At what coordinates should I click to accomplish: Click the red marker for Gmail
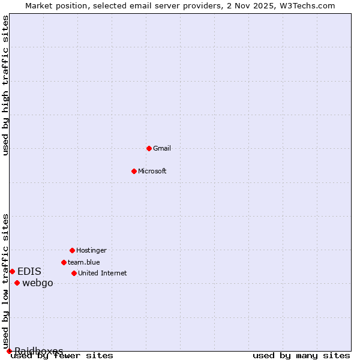click(x=149, y=148)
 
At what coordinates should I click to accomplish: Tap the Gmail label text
click(x=162, y=148)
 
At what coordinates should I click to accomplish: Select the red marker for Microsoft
click(x=134, y=171)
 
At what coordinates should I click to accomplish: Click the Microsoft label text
click(x=152, y=171)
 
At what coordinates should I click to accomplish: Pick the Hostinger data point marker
click(x=72, y=250)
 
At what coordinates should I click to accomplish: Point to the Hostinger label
click(x=91, y=250)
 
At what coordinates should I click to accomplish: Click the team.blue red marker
click(x=64, y=262)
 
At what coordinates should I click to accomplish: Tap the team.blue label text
click(x=84, y=262)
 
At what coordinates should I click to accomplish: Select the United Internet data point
click(x=74, y=273)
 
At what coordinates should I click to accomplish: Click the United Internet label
click(x=103, y=273)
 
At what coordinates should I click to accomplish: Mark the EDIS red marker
click(x=12, y=271)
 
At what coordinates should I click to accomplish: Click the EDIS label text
click(x=29, y=271)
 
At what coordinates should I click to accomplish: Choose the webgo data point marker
click(x=17, y=283)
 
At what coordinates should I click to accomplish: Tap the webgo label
click(x=38, y=283)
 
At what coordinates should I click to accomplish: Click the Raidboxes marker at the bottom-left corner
click(x=9, y=351)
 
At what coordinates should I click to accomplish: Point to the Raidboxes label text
click(x=39, y=351)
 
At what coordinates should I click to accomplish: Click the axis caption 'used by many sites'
click(x=301, y=356)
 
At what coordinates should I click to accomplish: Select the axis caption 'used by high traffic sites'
click(x=5, y=85)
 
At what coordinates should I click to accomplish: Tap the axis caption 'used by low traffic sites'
click(x=5, y=281)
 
